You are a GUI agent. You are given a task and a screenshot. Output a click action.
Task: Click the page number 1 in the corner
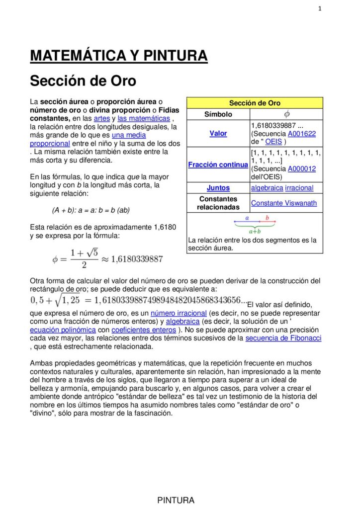click(320, 8)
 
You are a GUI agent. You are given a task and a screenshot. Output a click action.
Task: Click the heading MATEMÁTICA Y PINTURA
click(118, 56)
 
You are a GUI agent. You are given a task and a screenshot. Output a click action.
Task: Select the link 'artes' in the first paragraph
click(101, 118)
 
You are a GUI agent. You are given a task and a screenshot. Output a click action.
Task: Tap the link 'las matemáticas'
click(144, 118)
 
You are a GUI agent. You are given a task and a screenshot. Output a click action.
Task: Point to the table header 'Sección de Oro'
click(255, 103)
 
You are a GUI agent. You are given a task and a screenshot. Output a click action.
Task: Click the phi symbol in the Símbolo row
click(286, 114)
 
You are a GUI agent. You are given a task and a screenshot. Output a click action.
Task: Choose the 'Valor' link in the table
click(218, 133)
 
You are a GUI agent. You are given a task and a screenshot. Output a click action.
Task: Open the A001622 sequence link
click(302, 134)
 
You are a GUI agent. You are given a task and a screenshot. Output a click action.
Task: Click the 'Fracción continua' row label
click(218, 165)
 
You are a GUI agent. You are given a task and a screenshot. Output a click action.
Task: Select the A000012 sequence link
click(302, 169)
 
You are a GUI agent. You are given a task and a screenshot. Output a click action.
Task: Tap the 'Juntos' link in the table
click(218, 188)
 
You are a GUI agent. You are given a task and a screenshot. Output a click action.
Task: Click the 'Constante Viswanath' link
click(283, 203)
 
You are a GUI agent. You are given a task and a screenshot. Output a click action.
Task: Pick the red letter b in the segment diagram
click(267, 218)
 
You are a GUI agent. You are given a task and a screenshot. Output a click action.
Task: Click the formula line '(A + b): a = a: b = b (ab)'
click(90, 210)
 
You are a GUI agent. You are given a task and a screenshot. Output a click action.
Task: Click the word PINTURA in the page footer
click(176, 500)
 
